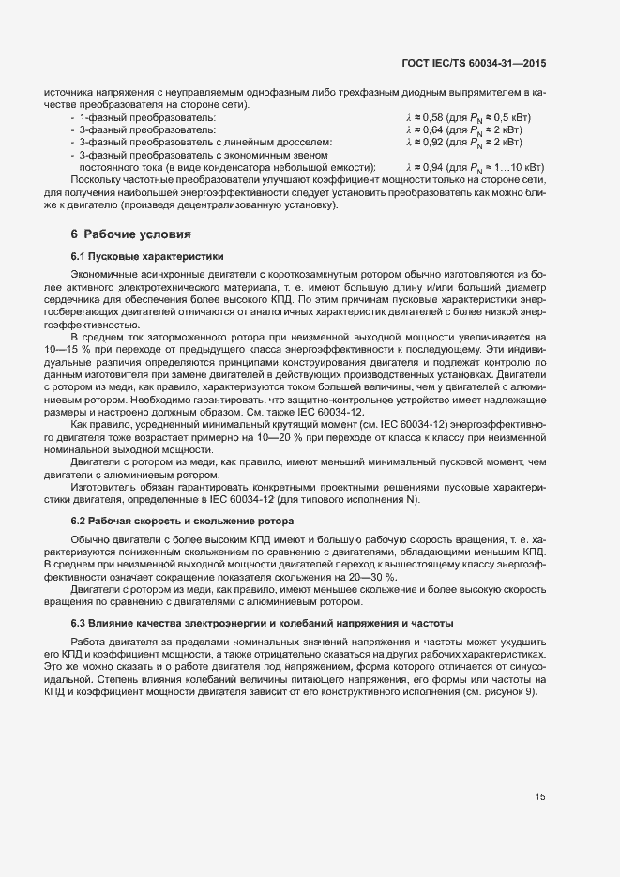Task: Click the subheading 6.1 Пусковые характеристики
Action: tap(146, 256)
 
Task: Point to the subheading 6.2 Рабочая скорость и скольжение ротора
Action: tap(187, 519)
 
